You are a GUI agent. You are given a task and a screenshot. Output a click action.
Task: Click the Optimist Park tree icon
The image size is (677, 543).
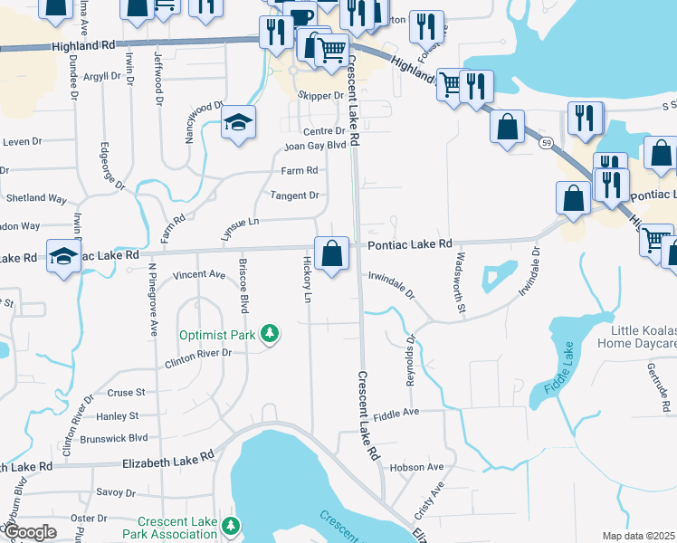click(269, 335)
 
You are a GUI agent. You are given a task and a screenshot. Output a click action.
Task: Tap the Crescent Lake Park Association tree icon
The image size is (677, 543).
click(232, 526)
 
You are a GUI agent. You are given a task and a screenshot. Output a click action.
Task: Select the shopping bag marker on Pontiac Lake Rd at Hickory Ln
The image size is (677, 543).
click(331, 254)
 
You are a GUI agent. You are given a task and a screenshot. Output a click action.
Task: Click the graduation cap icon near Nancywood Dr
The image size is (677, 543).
click(239, 123)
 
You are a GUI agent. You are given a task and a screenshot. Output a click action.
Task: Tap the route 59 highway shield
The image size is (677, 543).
click(545, 143)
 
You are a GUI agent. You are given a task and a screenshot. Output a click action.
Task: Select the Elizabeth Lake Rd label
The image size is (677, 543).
click(167, 461)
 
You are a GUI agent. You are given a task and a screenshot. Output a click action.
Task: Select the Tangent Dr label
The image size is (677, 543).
click(295, 195)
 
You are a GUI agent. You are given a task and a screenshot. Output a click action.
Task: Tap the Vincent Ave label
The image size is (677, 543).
click(198, 273)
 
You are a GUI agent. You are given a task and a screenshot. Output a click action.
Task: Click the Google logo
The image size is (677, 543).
click(30, 532)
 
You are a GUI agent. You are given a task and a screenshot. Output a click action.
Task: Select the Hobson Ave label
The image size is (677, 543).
click(417, 467)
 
